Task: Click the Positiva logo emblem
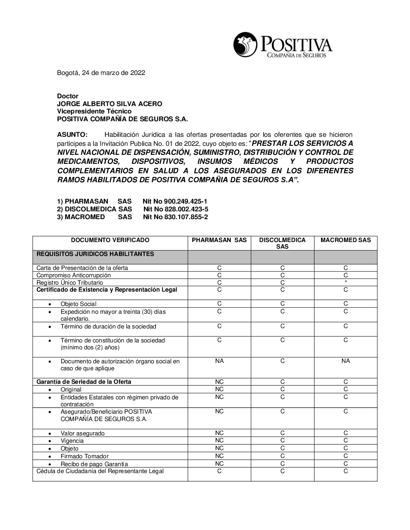pos(245,45)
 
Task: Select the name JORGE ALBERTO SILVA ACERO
pos(109,104)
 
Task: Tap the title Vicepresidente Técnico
pos(94,111)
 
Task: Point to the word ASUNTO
pos(72,135)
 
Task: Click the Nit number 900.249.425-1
pos(186,202)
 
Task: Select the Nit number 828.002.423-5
pos(186,209)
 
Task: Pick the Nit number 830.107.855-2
pos(186,217)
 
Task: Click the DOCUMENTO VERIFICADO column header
pos(110,240)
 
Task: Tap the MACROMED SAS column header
pos(346,240)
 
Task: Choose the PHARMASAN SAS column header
pos(219,240)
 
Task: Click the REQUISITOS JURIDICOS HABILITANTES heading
pos(95,254)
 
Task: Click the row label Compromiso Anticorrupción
pos(74,275)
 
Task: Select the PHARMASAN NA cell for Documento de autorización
pos(219,361)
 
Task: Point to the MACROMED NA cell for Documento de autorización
pos(346,361)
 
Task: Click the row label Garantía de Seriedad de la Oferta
pos(84,382)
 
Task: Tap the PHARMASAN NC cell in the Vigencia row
pos(219,441)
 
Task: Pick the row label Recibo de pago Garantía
pos(94,464)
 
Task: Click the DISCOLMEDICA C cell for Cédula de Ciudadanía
pos(282,471)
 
